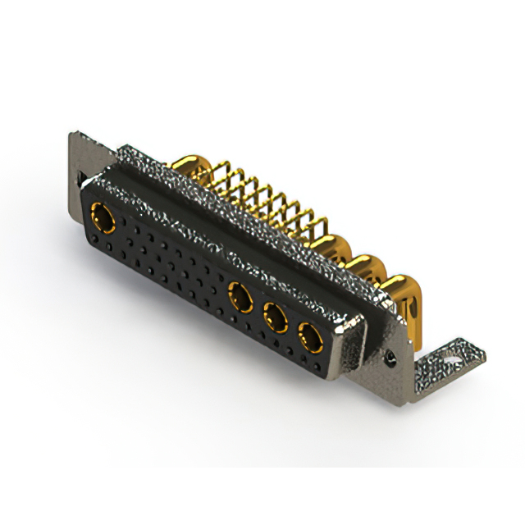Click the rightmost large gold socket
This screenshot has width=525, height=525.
click(x=309, y=336)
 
